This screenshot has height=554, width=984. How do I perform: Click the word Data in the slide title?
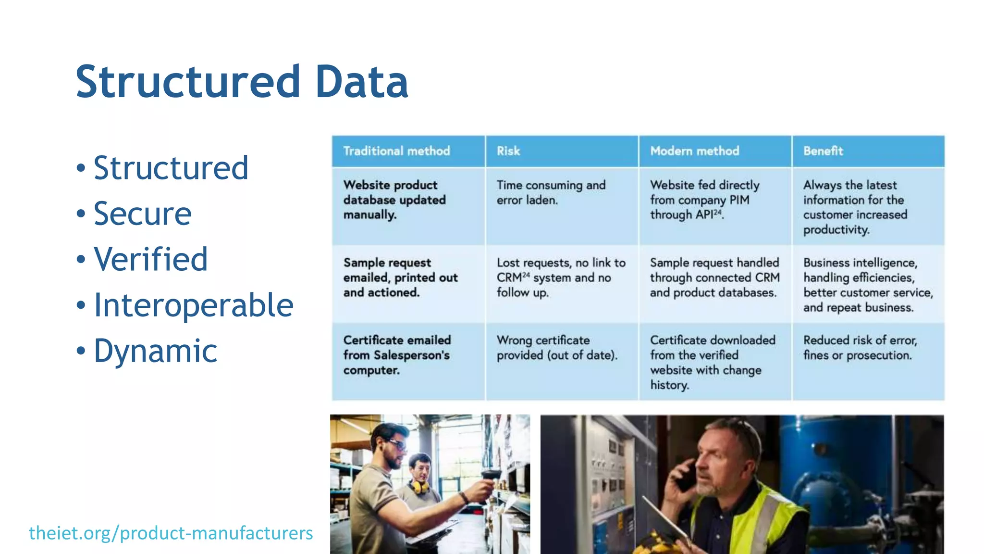coord(361,82)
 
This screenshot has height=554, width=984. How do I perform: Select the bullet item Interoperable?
coord(193,305)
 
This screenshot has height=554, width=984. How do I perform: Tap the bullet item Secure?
coord(142,214)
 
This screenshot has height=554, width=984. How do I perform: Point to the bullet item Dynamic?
coord(155,351)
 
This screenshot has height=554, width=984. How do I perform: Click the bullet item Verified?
coord(150,259)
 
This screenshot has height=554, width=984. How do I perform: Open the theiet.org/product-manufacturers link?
coord(171,533)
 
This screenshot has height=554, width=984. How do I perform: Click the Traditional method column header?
coord(396,151)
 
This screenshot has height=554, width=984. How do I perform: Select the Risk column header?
coord(508,151)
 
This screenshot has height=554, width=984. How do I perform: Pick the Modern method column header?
coord(694,151)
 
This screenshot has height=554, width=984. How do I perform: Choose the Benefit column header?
coord(823,151)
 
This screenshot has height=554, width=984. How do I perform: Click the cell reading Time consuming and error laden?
coord(551,192)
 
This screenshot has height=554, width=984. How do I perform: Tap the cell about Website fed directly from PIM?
coord(704,200)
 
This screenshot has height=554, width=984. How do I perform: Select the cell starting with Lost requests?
coord(560,277)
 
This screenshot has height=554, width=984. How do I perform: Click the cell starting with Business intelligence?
coord(868,285)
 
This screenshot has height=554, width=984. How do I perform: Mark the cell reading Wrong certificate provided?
coord(556,348)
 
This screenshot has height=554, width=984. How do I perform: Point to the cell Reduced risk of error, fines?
coord(860,348)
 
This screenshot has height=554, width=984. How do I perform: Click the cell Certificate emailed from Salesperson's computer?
coord(397,355)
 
